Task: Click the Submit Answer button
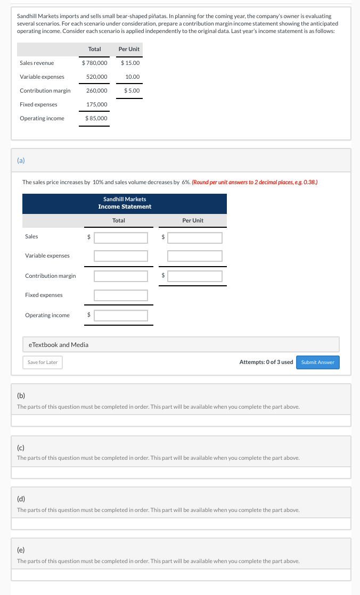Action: tap(317, 362)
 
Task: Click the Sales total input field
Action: tap(121, 237)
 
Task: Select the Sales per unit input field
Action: tap(194, 237)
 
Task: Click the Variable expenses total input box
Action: tap(121, 256)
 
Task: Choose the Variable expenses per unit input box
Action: tap(194, 256)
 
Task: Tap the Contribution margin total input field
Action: tap(121, 276)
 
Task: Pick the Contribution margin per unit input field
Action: tap(194, 276)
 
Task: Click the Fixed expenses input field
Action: tap(121, 295)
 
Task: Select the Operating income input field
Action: tap(121, 316)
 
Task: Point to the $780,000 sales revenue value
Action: tap(95, 63)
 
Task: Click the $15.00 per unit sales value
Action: tap(130, 63)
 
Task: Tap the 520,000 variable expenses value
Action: tap(96, 77)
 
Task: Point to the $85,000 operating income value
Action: tap(96, 118)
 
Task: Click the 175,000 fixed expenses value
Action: tap(96, 104)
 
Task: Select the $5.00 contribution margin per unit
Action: tap(132, 90)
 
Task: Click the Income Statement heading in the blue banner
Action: tap(125, 206)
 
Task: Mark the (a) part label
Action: tap(21, 160)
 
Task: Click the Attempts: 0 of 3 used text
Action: tap(266, 362)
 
